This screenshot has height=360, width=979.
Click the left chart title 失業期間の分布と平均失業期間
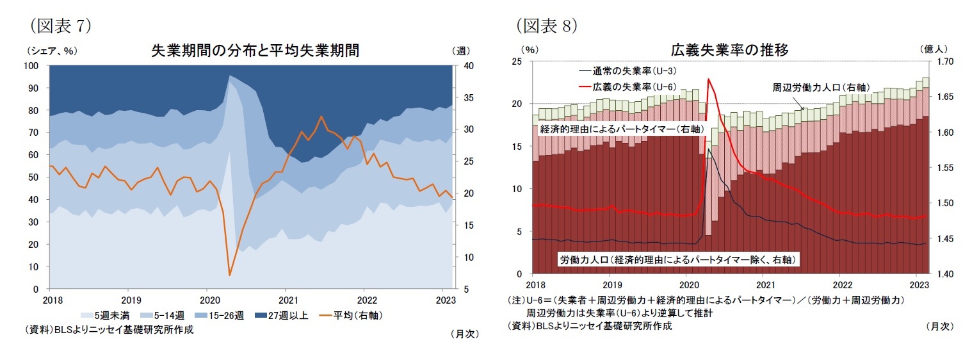pos(254,51)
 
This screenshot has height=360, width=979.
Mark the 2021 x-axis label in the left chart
pos(287,299)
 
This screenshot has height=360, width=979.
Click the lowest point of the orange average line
pos(229,275)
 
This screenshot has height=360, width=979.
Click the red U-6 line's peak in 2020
pos(708,79)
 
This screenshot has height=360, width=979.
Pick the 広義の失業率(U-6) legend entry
pos(627,86)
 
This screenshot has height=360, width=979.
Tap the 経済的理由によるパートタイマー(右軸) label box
pos(622,129)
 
